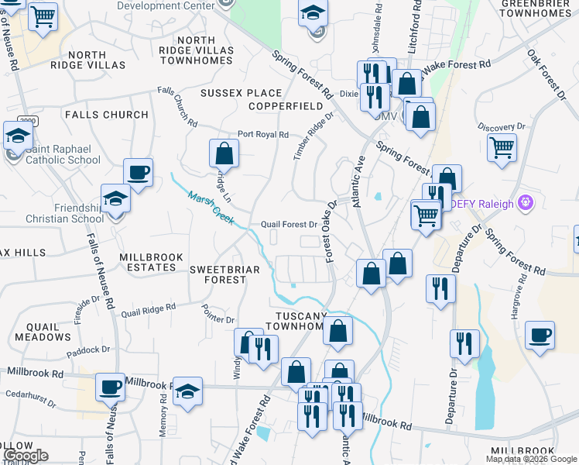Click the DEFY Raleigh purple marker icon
coord(526,204)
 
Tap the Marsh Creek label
coord(211,208)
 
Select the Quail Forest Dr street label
coord(289,225)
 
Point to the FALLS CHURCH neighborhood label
coord(106,115)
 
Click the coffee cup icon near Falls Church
coord(139,174)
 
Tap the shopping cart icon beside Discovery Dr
coord(502,146)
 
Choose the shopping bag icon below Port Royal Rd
coord(224,153)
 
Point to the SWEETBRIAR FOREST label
coord(219,274)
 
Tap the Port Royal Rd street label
coord(262,134)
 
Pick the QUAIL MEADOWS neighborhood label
coord(43,332)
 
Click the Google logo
coord(25,456)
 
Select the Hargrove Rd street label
coord(515,315)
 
